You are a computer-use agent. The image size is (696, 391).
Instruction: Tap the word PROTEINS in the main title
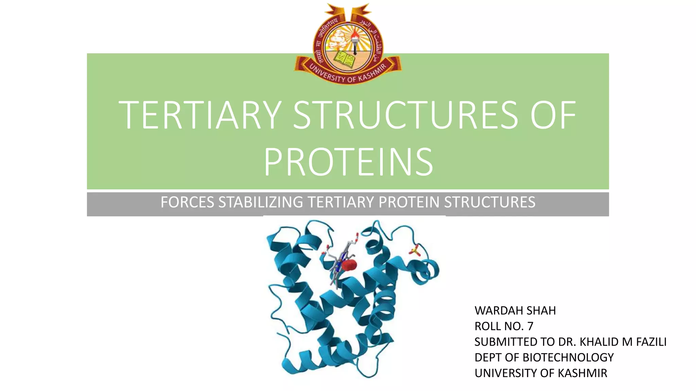point(348,162)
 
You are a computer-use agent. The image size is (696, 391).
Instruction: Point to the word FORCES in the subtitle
point(187,202)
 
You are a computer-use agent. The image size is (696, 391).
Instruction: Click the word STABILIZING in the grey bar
point(261,202)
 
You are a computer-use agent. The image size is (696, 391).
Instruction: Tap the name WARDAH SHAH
point(515,311)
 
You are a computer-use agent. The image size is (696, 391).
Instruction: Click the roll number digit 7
point(530,326)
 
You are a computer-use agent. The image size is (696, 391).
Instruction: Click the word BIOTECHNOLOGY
point(568,357)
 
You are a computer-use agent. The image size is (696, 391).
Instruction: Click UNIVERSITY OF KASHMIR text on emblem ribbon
point(348,75)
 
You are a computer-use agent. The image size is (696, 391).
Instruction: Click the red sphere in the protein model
point(349,265)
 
